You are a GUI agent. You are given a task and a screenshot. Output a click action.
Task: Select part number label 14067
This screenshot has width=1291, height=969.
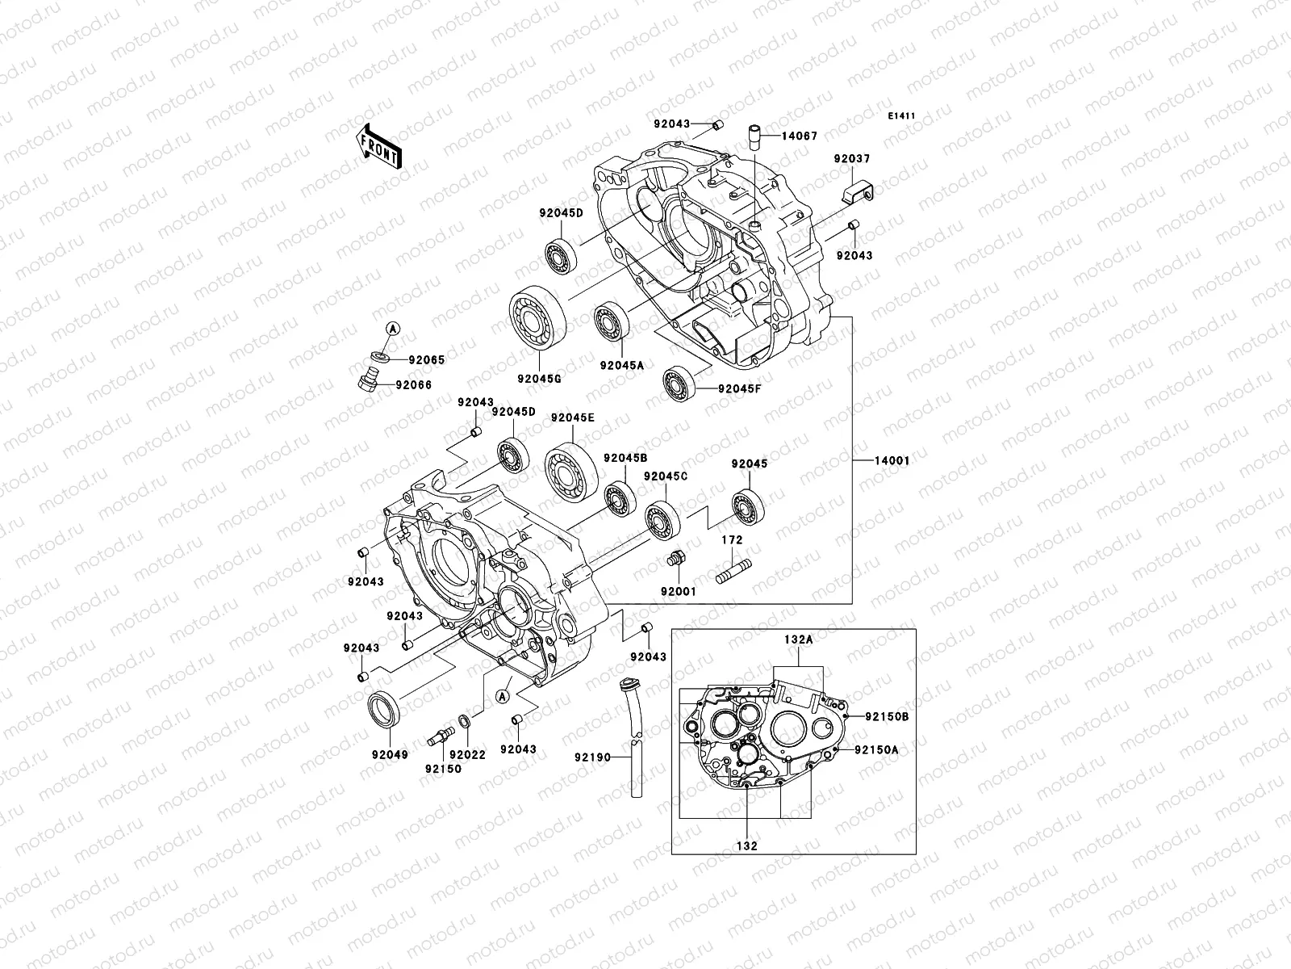pos(799,136)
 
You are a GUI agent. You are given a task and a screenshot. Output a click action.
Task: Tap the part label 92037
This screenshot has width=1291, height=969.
pos(852,159)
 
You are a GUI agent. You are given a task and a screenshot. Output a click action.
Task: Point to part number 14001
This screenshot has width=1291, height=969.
pos(892,461)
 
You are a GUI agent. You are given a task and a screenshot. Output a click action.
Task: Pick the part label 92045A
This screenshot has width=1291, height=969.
pos(621,365)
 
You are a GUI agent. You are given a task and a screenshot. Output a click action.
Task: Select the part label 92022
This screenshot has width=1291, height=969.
pos(467,754)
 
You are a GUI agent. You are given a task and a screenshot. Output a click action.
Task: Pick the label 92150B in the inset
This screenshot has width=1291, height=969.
pos(887,716)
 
